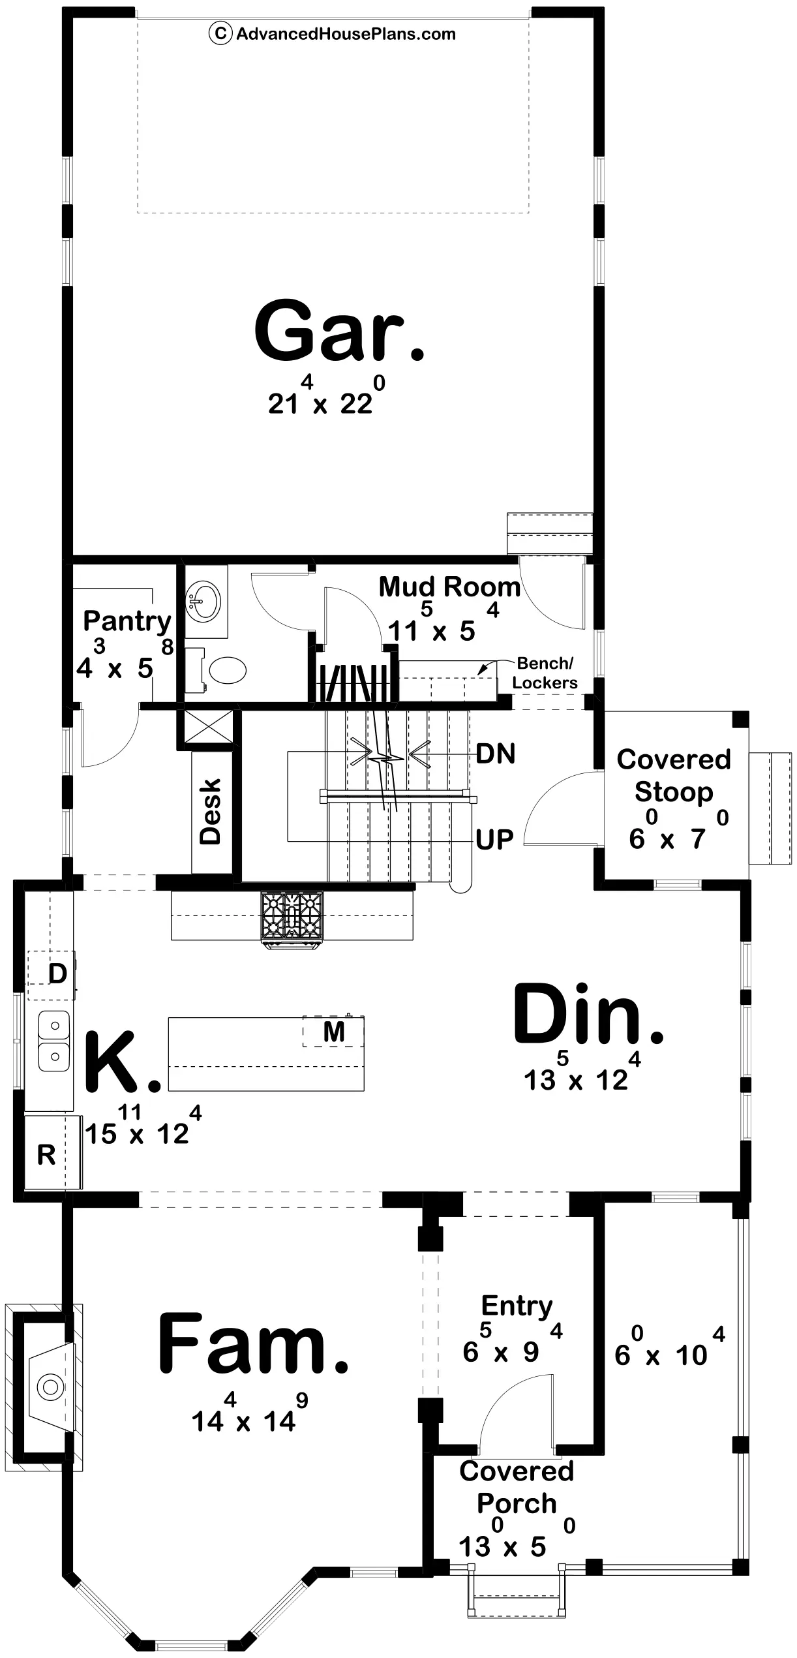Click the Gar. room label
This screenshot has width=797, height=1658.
click(339, 331)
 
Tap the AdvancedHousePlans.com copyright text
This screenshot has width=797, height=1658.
click(333, 33)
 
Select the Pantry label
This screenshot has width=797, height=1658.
click(127, 622)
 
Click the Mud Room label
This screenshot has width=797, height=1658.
click(450, 587)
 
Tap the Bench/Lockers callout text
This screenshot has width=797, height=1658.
click(545, 673)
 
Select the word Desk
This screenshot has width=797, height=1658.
click(211, 811)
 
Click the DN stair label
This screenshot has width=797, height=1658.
click(496, 754)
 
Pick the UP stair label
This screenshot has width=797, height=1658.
click(494, 840)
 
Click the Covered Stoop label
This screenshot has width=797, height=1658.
click(674, 775)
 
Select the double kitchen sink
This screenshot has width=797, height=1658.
click(54, 1041)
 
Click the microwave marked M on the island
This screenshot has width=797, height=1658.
click(333, 1032)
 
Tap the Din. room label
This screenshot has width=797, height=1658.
click(588, 1015)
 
